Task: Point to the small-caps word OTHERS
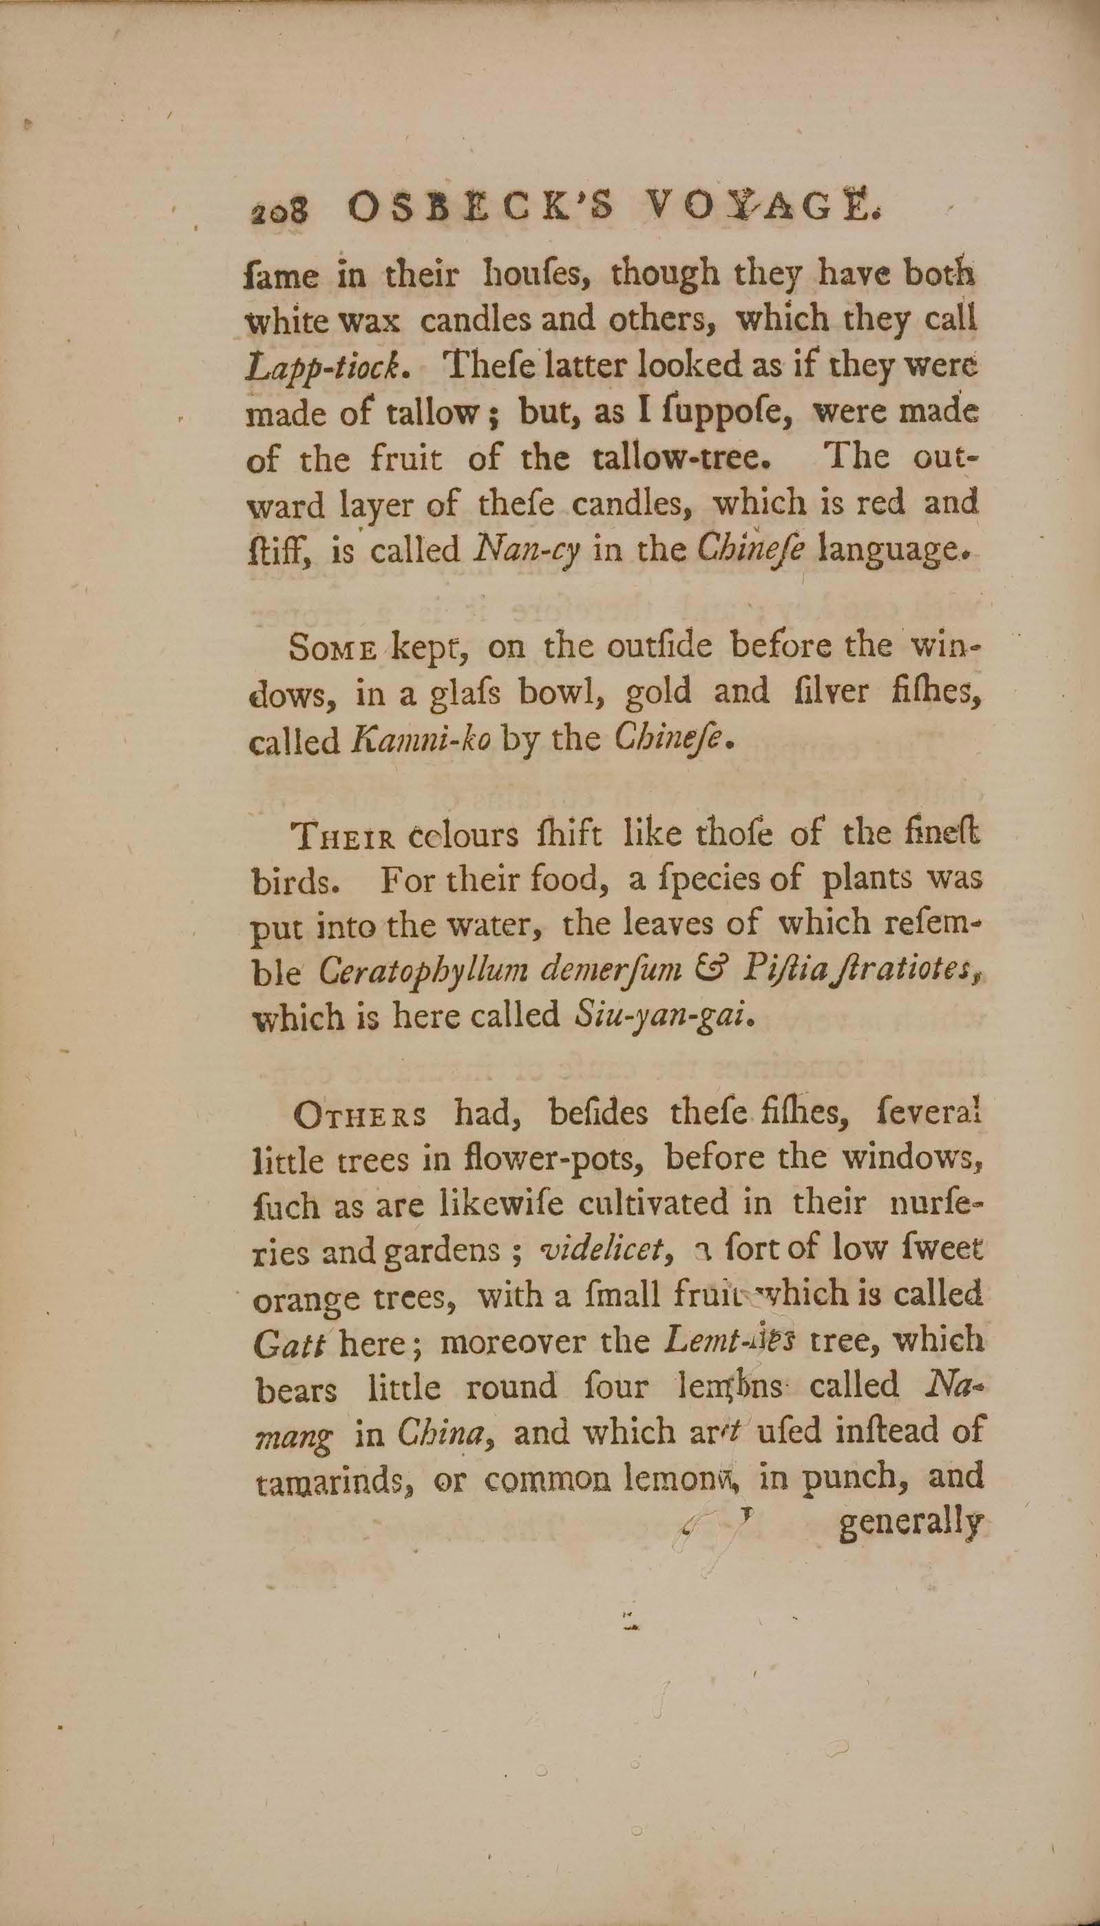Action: (359, 1116)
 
